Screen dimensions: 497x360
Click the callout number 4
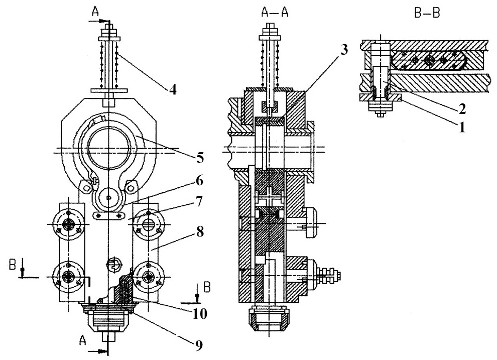(172, 90)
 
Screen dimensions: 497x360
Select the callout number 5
(200, 158)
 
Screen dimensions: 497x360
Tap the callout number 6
(199, 181)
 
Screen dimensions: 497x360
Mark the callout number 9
(198, 346)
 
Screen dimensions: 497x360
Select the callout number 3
(344, 49)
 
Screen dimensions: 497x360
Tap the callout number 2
(462, 109)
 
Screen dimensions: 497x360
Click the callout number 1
(461, 128)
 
